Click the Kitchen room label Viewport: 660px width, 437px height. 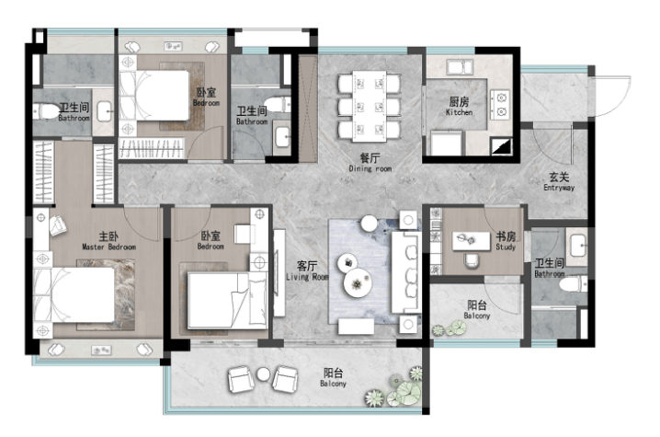click(459, 106)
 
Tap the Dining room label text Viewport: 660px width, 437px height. click(370, 163)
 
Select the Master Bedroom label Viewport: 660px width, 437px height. click(108, 241)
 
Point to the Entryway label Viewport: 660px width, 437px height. click(559, 182)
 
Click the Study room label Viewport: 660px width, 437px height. click(506, 241)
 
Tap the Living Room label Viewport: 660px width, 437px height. click(307, 271)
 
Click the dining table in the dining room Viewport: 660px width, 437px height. click(370, 106)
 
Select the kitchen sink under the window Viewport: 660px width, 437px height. click(460, 67)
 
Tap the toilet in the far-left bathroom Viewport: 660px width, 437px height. click(47, 112)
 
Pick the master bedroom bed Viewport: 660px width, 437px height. click(74, 296)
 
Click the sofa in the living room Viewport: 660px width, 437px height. click(405, 271)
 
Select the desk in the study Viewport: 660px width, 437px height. click(471, 241)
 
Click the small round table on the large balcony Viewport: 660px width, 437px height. click(263, 374)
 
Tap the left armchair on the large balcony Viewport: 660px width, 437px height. click(240, 379)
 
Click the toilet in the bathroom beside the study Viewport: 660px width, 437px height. click(574, 284)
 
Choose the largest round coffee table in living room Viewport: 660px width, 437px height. click(358, 283)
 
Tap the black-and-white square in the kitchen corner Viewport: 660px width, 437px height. click(502, 146)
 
